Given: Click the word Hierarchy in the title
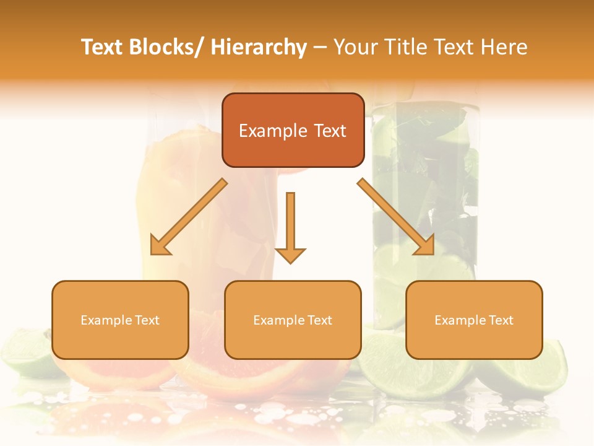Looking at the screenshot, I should (x=259, y=48).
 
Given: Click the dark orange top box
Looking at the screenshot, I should (x=293, y=130).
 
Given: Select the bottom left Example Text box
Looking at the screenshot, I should (x=120, y=320).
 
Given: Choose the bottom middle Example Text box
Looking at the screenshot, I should (x=293, y=320).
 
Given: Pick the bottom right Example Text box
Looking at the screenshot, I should (x=474, y=320).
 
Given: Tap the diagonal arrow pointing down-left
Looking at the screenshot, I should (x=188, y=217).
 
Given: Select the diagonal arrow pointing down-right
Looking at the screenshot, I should (x=396, y=217).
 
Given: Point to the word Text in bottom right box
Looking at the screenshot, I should (x=501, y=320).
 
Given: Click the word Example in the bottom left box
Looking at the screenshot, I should (x=106, y=320).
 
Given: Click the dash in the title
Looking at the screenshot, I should (x=320, y=48).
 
